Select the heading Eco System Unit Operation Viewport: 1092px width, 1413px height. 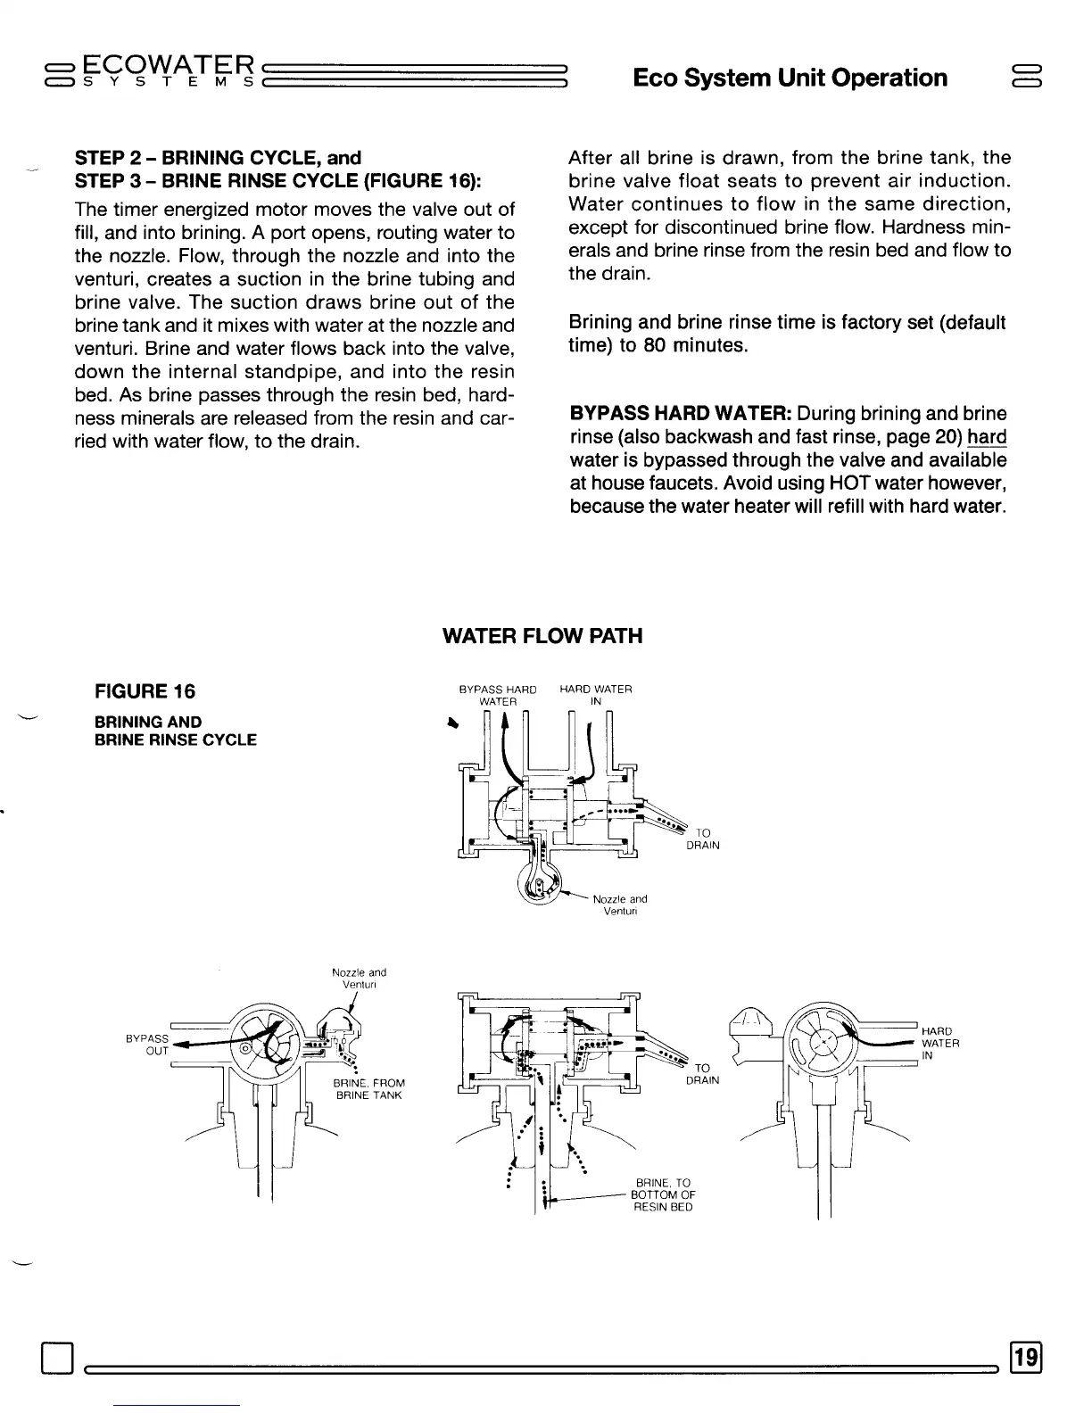point(790,78)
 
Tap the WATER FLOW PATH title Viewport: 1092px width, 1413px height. point(542,636)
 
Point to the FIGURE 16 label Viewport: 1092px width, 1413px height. point(145,691)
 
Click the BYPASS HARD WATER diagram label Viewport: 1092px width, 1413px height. point(498,695)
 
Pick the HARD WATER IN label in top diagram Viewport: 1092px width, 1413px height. point(596,695)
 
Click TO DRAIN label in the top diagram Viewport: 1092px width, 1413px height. point(702,839)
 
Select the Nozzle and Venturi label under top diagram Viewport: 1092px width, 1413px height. point(620,905)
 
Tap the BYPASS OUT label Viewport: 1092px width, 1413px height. point(147,1045)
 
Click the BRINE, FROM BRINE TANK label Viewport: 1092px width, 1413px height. point(368,1089)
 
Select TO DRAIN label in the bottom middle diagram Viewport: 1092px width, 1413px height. point(702,1074)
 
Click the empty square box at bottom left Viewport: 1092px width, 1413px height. point(56,1359)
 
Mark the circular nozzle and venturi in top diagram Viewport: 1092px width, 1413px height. point(541,887)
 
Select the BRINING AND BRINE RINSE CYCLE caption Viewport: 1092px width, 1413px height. point(176,731)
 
